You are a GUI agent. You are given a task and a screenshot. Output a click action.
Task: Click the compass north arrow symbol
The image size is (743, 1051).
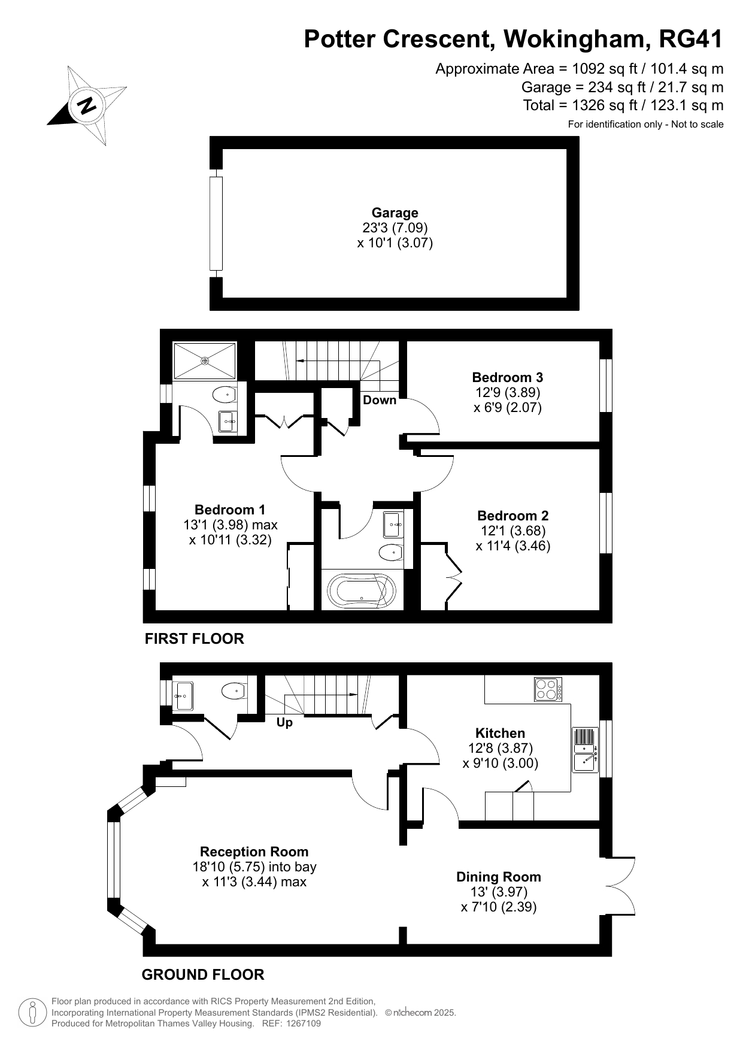coord(87,105)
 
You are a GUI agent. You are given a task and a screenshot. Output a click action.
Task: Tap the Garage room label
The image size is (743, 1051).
coord(395,213)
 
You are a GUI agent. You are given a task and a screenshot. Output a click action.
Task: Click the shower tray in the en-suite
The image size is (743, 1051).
coord(205,361)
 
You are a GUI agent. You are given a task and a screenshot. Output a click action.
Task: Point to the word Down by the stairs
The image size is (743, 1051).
coord(380,400)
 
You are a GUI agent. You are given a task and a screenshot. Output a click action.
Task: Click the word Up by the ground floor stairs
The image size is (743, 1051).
coord(284,723)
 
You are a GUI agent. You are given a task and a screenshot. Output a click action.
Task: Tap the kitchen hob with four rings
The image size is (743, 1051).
coord(548,689)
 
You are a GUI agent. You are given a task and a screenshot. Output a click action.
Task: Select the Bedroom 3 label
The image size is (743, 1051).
coord(508,377)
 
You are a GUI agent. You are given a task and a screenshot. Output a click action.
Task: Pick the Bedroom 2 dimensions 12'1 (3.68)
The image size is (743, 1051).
coord(513,531)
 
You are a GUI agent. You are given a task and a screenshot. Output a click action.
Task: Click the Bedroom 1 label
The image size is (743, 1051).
coord(230,510)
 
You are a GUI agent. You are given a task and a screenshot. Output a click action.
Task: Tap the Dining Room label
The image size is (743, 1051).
coord(499,877)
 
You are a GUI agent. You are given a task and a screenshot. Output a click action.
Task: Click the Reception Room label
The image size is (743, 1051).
coord(254,852)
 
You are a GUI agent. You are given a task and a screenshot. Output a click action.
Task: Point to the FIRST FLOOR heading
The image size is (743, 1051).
coord(195,639)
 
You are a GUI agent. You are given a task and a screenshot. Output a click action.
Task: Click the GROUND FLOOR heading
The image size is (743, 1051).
coord(203,975)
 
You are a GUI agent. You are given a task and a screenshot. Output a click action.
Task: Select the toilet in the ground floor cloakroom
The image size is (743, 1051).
coord(234,691)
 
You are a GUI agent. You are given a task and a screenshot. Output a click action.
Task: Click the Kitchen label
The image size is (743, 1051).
coord(501,733)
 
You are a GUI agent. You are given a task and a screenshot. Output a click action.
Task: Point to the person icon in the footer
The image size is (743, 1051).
coord(33,1013)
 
